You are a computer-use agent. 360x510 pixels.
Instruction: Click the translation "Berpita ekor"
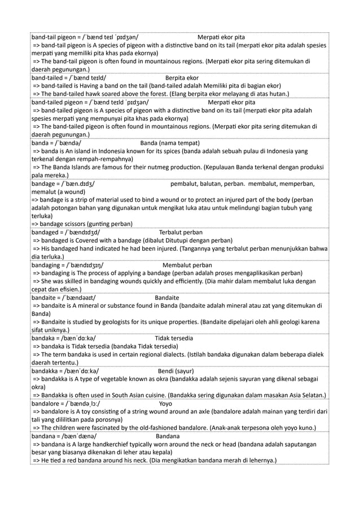tap(182, 78)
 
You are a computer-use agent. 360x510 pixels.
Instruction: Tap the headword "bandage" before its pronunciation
tap(46, 184)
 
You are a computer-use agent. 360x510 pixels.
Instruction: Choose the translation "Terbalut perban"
tap(181, 232)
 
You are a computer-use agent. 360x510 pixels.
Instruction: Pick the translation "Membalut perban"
tap(187, 265)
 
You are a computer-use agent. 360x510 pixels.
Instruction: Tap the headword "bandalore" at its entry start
tap(47, 404)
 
